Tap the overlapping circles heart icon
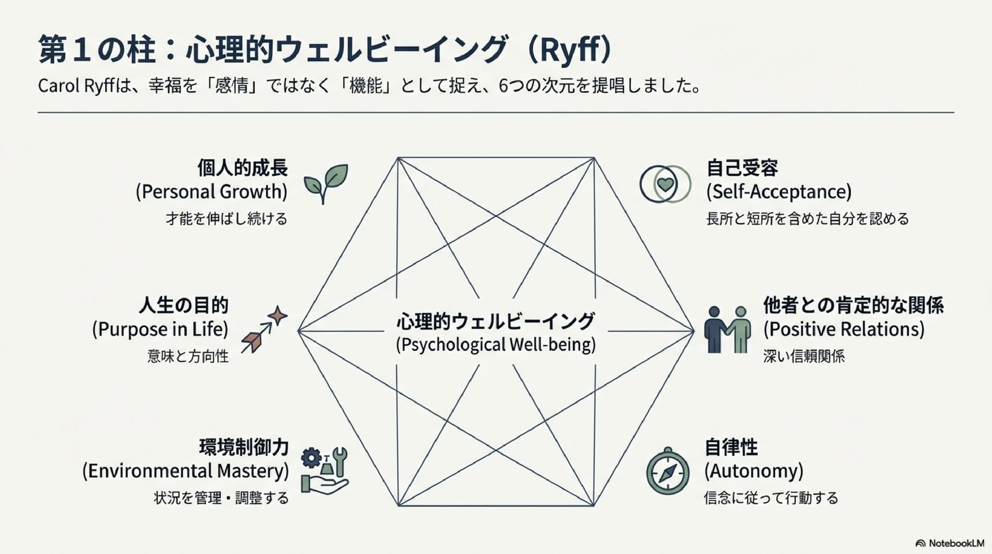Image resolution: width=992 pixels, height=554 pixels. pos(665,184)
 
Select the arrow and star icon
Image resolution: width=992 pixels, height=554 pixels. pos(264,330)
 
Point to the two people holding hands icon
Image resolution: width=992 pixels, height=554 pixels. pos(727,329)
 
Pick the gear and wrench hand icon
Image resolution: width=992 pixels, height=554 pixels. pos(325,470)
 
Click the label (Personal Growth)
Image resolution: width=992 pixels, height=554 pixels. pos(212,192)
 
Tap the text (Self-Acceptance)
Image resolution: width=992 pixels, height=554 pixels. pos(779,192)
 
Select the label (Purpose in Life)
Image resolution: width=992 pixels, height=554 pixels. pos(160,330)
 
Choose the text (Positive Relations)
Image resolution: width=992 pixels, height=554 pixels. pos(844,330)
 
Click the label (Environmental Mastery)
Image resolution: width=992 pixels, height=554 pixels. pos(185,471)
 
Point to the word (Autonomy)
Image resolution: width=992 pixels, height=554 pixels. pos(753,471)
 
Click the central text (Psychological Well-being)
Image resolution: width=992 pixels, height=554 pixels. pos(496,345)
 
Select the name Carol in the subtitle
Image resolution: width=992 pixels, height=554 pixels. pos(58,86)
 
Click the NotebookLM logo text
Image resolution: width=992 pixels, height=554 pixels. pos(956,543)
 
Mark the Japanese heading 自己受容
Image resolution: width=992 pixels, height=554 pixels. pos(742,168)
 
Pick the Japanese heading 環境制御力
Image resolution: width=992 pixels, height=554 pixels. pos(243,447)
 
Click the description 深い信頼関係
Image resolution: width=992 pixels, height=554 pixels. pos(804,357)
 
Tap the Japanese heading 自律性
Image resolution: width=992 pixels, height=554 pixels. pos(731,447)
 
